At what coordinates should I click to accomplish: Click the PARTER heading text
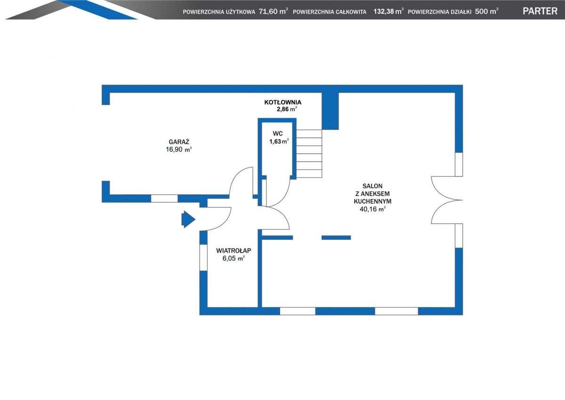(x=540, y=11)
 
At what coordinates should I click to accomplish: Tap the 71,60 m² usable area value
(x=274, y=11)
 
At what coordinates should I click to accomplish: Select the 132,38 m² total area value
(x=388, y=11)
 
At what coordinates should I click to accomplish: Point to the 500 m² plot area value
(x=486, y=11)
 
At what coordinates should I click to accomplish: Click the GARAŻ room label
(x=179, y=142)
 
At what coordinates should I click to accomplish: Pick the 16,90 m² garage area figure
(x=178, y=150)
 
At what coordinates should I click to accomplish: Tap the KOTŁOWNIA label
(x=283, y=102)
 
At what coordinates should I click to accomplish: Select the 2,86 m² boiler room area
(x=287, y=109)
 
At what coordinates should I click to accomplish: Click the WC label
(x=277, y=134)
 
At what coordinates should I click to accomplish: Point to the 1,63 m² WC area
(x=279, y=141)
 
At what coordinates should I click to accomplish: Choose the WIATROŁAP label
(x=234, y=250)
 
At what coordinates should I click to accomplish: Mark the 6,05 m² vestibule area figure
(x=234, y=258)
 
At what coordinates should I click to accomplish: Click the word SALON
(x=372, y=186)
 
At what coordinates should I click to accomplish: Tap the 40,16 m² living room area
(x=372, y=209)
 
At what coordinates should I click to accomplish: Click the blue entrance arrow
(x=188, y=219)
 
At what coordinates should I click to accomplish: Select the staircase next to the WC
(x=309, y=153)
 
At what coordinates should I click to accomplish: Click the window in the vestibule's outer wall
(x=203, y=257)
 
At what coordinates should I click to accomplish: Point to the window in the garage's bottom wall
(x=164, y=199)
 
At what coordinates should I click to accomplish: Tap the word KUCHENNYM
(x=372, y=201)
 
